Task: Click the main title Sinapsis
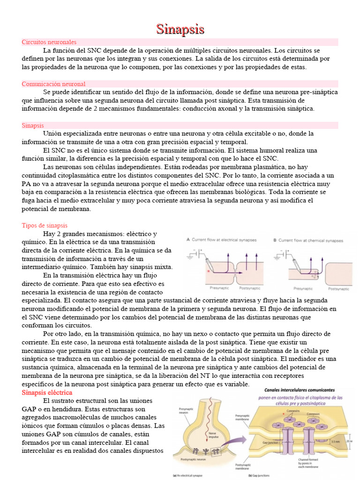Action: coord(180,30)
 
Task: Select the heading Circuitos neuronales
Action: coord(49,42)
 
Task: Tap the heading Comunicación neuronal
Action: coord(53,84)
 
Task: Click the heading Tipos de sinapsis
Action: coord(45,225)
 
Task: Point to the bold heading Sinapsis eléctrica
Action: coord(47,392)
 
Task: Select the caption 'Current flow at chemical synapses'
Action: coord(308,240)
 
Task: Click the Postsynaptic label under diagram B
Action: coord(338,289)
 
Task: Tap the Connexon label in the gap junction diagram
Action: coord(314,414)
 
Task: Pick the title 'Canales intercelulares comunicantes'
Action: coord(300,390)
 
